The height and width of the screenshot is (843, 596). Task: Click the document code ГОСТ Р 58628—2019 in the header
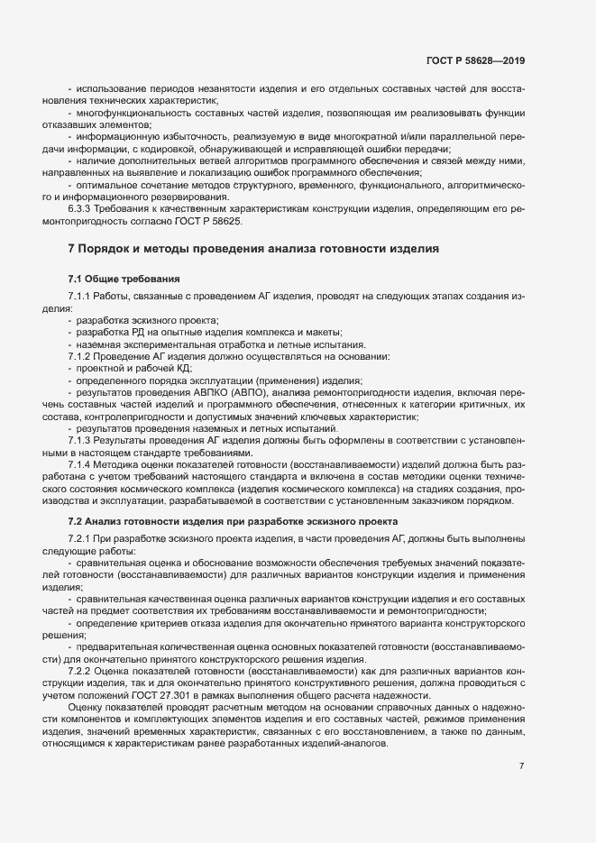(x=475, y=60)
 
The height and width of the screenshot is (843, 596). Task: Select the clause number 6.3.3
(x=82, y=208)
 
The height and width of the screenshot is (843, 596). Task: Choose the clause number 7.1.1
(x=82, y=297)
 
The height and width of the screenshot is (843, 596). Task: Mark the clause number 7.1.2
(x=82, y=356)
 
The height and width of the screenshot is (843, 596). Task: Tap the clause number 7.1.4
(x=82, y=467)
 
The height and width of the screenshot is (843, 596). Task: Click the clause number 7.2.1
(x=82, y=538)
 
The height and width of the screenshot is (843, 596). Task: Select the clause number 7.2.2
(x=82, y=671)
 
